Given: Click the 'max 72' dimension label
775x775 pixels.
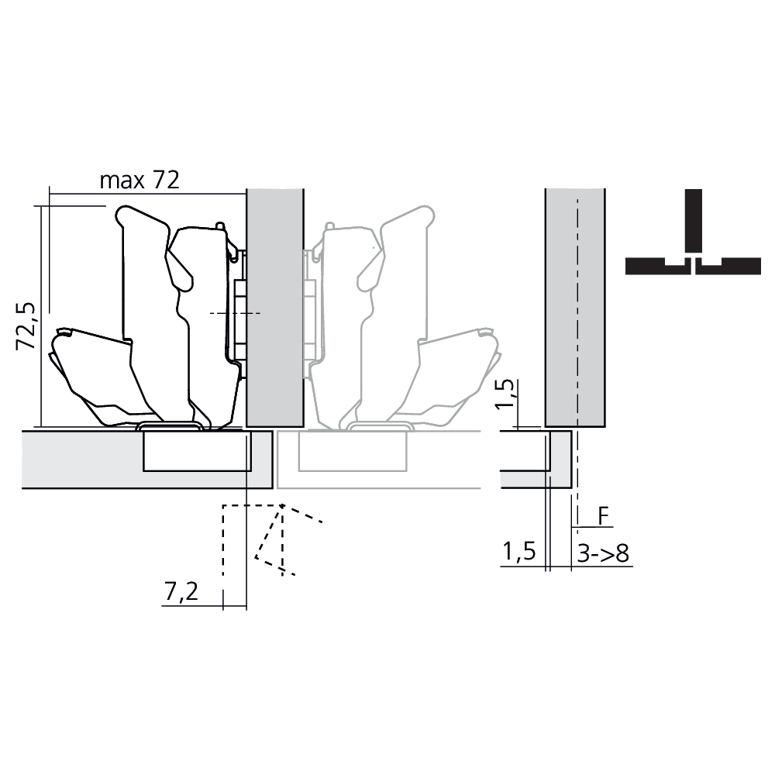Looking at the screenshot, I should coord(139,181).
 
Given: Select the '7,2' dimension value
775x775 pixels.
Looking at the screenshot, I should coord(180,592).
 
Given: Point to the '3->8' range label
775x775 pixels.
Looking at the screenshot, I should coord(603,553).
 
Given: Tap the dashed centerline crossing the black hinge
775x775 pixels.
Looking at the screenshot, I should coord(232,312).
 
